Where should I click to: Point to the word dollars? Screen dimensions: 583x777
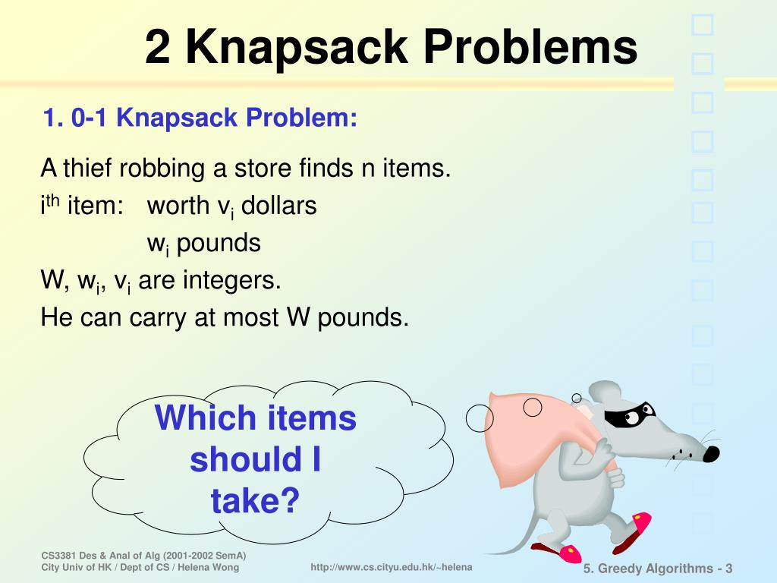(x=278, y=206)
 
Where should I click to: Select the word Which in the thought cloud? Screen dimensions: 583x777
(x=204, y=418)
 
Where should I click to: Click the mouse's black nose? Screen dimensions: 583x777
(x=710, y=453)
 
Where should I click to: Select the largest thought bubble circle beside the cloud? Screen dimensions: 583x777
(x=480, y=416)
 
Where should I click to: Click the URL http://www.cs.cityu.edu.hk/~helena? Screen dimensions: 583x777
(x=392, y=568)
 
